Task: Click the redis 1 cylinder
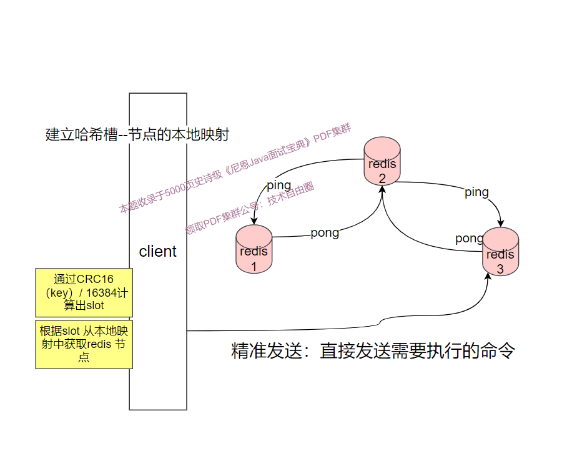click(254, 249)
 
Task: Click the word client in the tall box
click(157, 252)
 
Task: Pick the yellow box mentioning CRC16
click(84, 292)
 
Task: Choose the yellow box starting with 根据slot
click(84, 344)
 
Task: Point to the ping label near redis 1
click(279, 186)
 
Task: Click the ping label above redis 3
click(476, 192)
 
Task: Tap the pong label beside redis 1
click(325, 233)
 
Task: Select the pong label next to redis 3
click(469, 239)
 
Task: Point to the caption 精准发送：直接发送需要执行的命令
click(373, 351)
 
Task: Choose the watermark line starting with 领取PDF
click(250, 208)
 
